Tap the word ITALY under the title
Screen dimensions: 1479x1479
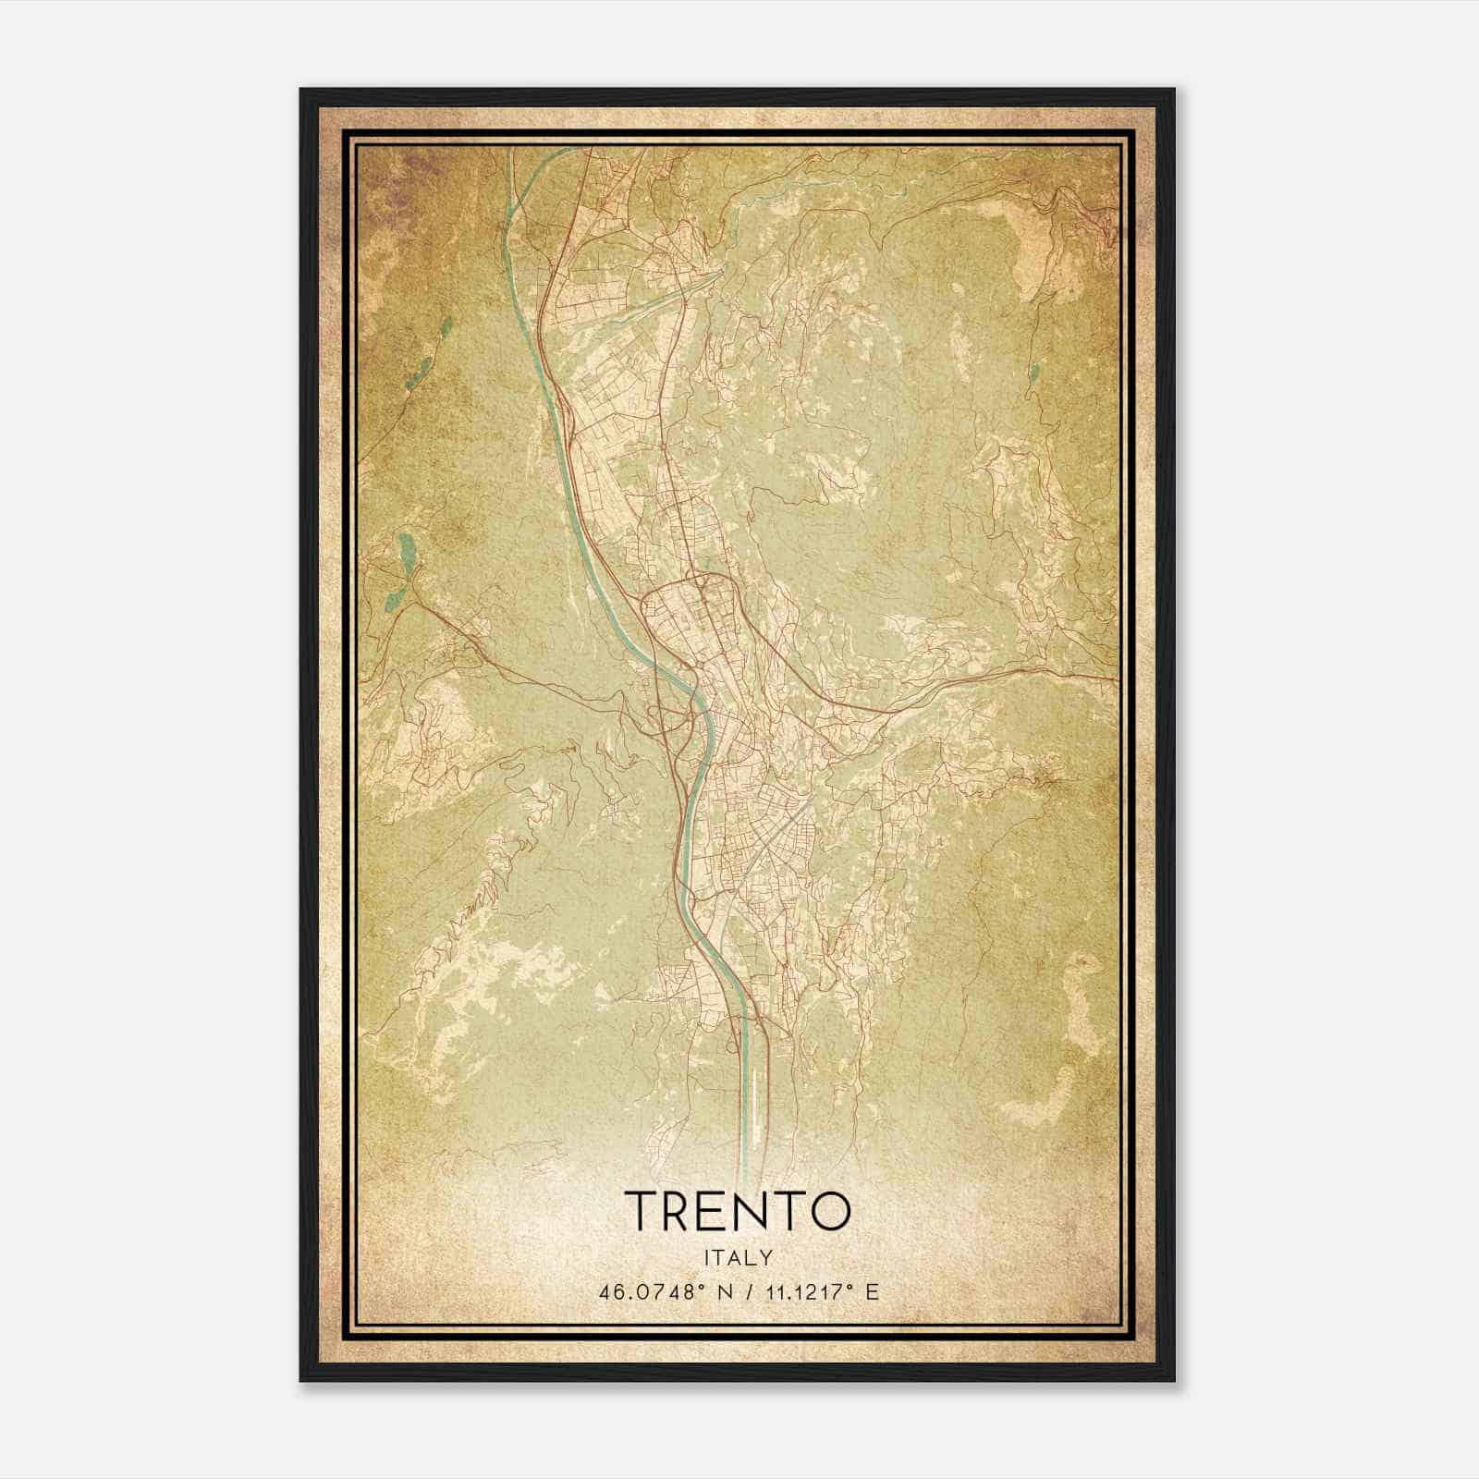tap(739, 1258)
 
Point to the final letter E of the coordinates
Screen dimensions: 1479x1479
tap(872, 1291)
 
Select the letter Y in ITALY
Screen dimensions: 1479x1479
tap(767, 1258)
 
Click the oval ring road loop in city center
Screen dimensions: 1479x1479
tap(689, 610)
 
